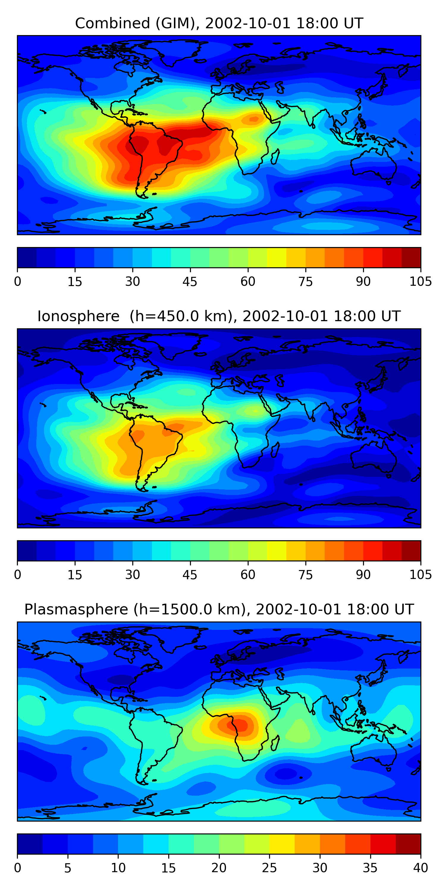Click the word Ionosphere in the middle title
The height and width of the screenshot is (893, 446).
point(78,316)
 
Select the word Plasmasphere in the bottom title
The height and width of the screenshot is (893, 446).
point(76,609)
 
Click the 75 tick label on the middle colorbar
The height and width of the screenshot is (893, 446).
point(305,575)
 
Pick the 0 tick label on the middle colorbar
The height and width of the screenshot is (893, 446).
point(18,575)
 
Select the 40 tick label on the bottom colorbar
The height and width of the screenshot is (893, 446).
point(420,868)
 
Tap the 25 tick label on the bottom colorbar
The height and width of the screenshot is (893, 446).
point(269,868)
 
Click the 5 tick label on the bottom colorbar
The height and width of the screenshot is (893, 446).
point(67,868)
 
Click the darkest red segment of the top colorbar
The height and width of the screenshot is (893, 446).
point(411,257)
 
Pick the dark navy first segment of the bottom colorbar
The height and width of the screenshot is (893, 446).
point(30,843)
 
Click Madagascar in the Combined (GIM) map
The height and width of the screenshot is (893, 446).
point(275,157)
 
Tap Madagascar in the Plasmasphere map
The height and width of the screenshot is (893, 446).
point(275,743)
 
